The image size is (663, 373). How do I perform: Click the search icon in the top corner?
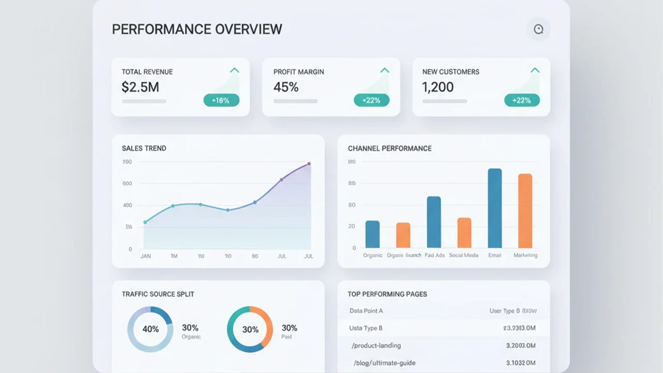point(538,29)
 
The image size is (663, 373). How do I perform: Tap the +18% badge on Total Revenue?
point(221,101)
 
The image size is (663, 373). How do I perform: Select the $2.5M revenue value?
point(140,87)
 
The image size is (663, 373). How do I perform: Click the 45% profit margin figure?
point(286,87)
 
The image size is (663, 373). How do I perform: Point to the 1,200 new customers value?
point(438,87)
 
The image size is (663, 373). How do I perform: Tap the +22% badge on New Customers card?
point(522,101)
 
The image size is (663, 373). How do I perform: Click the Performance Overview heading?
point(197,29)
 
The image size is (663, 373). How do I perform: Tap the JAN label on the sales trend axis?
point(146,256)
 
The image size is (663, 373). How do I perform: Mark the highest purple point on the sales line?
point(309,164)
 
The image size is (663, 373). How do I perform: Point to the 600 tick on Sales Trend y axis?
point(127,183)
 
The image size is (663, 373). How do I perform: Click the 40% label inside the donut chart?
point(150,329)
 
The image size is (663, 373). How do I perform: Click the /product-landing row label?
point(376,346)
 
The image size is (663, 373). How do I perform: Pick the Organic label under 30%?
point(191,337)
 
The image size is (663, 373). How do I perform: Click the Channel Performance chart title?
point(390,148)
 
